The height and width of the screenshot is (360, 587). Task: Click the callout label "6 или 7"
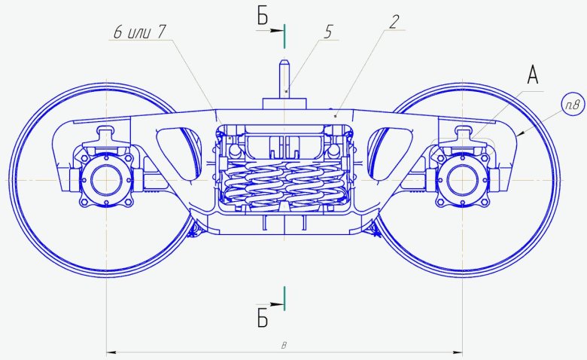click(x=139, y=32)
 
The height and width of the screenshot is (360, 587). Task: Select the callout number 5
click(x=327, y=32)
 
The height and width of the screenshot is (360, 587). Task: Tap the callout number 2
click(x=394, y=22)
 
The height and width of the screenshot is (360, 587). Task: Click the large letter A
click(x=533, y=75)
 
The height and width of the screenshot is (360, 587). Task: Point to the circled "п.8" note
click(x=573, y=105)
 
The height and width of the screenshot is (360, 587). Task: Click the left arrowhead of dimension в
click(x=111, y=352)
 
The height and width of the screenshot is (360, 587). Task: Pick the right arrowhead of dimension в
click(x=458, y=352)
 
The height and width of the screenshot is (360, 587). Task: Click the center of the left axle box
click(x=107, y=180)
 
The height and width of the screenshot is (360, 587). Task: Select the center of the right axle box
click(x=463, y=180)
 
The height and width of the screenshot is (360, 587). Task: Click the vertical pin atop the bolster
click(x=284, y=79)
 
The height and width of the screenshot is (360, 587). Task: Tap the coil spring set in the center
click(x=284, y=183)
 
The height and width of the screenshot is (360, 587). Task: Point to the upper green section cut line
click(x=284, y=36)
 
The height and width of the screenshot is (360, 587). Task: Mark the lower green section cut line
click(x=284, y=298)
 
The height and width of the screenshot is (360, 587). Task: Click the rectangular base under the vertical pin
click(x=284, y=104)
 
